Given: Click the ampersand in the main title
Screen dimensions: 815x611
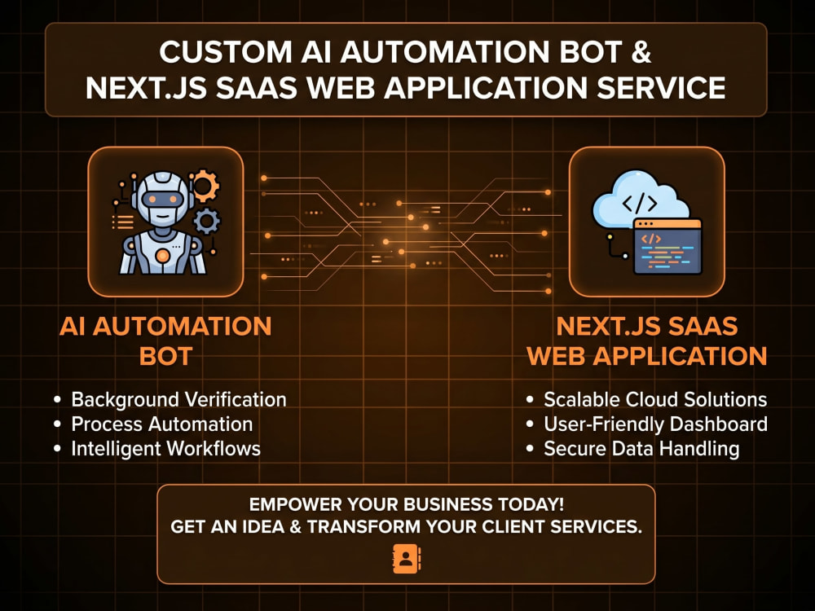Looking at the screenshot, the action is [640, 51].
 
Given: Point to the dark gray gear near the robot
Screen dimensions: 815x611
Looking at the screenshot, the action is [206, 221].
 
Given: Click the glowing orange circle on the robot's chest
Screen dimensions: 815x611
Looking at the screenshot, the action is [163, 256].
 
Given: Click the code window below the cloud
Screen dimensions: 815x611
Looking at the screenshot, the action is [667, 246].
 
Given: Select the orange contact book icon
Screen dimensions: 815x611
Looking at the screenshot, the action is [407, 560].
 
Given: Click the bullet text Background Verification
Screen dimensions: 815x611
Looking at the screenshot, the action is [178, 399].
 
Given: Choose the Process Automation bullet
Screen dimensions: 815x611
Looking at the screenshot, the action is [162, 424].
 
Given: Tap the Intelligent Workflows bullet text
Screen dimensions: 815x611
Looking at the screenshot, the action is [165, 448].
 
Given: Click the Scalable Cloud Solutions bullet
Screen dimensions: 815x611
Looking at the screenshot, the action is [655, 399].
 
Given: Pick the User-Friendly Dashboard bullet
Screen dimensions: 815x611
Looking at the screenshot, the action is [656, 424].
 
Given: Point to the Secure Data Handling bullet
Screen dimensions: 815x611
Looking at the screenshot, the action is [641, 448].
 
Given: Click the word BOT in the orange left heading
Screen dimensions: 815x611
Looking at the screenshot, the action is [165, 357].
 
